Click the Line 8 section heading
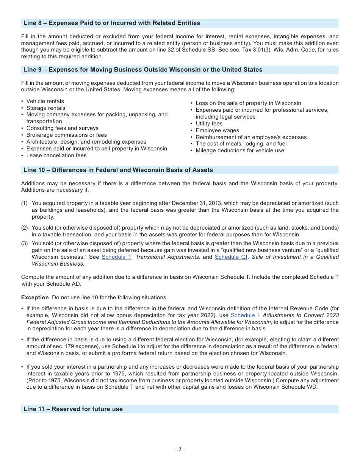point(112,23)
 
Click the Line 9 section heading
point(143,70)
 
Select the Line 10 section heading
point(118,170)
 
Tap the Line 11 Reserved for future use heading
point(73,409)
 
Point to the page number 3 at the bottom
point(180,449)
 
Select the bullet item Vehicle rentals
point(45,102)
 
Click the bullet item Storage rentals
point(46,108)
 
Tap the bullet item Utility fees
point(209,124)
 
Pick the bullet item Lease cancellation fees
point(56,156)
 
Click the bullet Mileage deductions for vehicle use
point(240,151)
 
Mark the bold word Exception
point(35,297)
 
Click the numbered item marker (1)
point(25,203)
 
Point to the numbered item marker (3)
point(25,244)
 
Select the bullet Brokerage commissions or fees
point(67,135)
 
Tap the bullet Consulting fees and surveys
point(63,128)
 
